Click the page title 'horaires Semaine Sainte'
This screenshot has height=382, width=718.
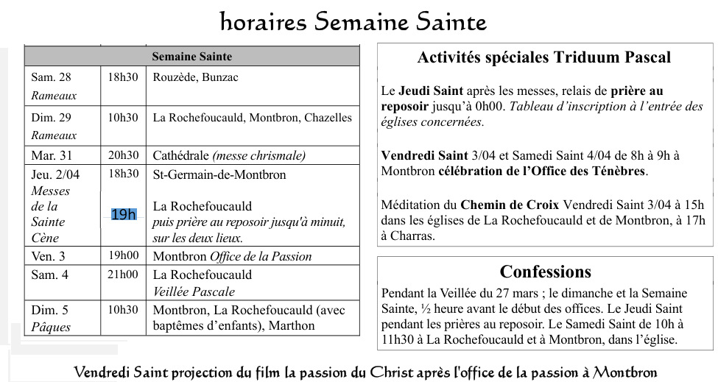tap(353, 22)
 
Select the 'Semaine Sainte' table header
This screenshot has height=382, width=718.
tap(191, 57)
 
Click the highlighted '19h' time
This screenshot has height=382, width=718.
tap(124, 214)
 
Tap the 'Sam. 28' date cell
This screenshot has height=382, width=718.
tap(52, 77)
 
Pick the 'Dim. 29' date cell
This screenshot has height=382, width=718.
tap(52, 118)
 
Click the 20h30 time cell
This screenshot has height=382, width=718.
tap(123, 155)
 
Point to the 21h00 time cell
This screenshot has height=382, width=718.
tap(123, 275)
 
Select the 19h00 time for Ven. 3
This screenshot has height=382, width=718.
tap(123, 256)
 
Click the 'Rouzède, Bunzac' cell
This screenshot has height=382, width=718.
tap(195, 77)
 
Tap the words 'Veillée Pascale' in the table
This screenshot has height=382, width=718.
tap(188, 291)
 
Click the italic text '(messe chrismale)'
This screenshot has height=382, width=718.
tap(258, 155)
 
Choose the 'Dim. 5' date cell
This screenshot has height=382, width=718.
tap(49, 310)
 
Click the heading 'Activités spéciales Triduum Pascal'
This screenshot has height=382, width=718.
tap(544, 57)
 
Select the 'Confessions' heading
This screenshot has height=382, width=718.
tap(545, 272)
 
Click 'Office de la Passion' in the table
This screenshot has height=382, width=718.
tap(261, 257)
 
